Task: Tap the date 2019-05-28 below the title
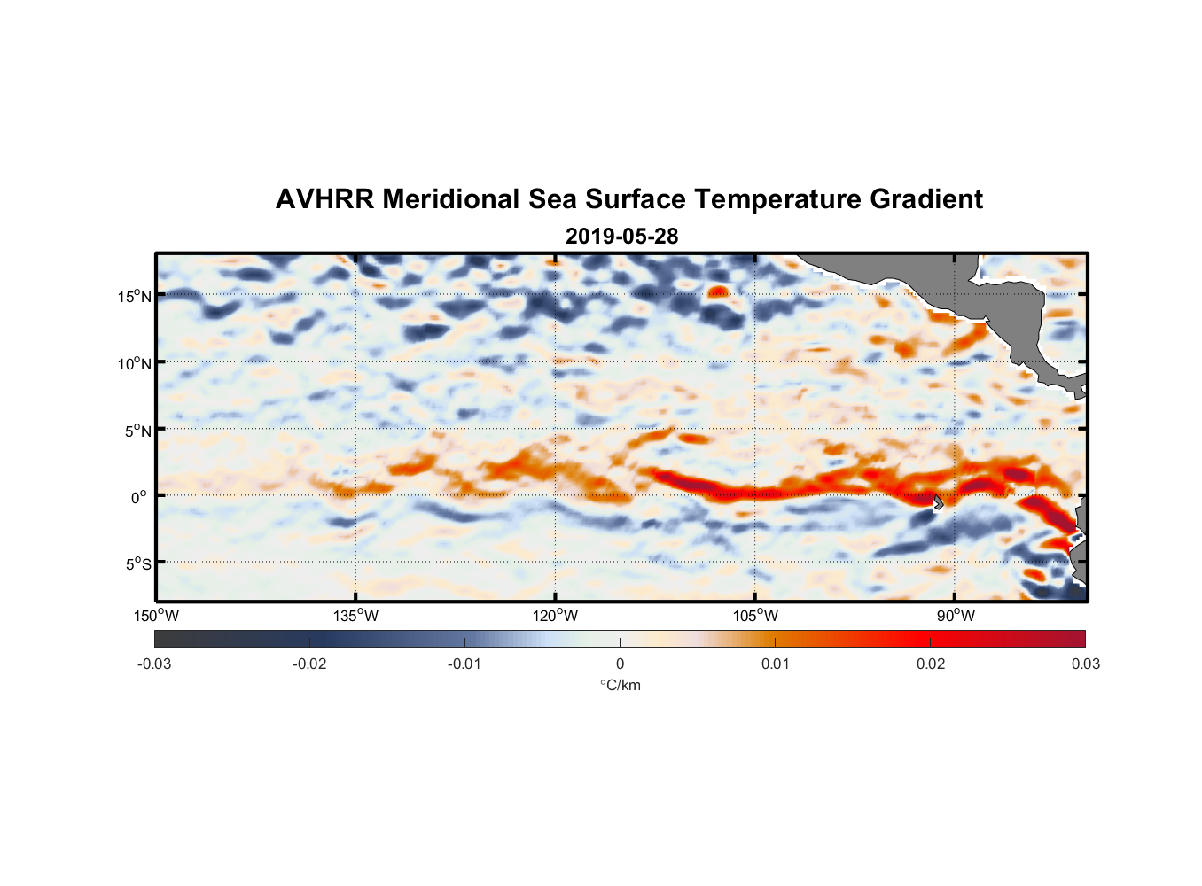tap(621, 237)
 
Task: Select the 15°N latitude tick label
tap(135, 296)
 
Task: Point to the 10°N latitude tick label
tap(135, 363)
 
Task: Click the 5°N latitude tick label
tap(137, 431)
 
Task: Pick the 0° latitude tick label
tap(139, 497)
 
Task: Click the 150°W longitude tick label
tap(157, 616)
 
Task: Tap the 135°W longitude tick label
tap(356, 616)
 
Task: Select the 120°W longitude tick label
tap(556, 616)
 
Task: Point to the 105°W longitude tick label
tap(755, 616)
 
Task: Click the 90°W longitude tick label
tap(956, 616)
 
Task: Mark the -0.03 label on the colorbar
tap(154, 664)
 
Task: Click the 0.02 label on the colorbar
tap(931, 664)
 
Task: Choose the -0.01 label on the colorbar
tap(464, 664)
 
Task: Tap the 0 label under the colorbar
tap(620, 664)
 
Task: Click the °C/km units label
tap(621, 685)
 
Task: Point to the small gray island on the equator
tap(938, 501)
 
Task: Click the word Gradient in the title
tap(926, 199)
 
